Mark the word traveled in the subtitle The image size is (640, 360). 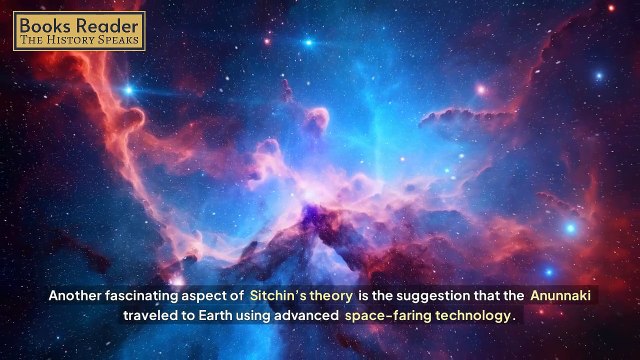(150, 315)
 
